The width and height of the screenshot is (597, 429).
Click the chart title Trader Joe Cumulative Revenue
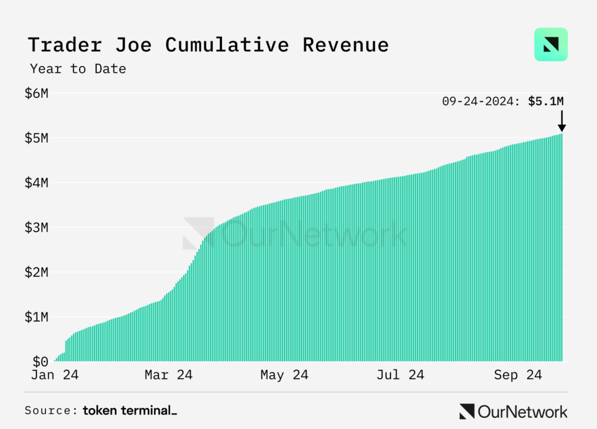coord(208,45)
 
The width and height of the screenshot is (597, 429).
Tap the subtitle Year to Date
coord(78,69)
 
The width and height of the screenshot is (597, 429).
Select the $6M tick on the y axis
coord(37,93)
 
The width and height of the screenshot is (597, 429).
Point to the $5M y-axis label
coord(37,138)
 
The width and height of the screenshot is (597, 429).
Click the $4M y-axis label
coord(37,183)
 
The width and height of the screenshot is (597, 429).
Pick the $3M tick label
coord(37,227)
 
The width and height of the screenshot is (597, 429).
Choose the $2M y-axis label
coord(37,272)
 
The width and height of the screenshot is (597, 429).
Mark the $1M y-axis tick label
coord(37,317)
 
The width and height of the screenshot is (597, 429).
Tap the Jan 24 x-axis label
coord(55,375)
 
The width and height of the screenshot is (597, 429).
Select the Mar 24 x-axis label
coord(168,375)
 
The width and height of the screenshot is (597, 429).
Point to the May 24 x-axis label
coord(285,375)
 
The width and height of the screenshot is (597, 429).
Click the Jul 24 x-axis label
coord(401,375)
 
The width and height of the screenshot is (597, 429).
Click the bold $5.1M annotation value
coord(546,101)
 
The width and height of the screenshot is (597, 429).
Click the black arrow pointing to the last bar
coord(561,121)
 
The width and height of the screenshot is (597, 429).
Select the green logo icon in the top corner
coord(551,44)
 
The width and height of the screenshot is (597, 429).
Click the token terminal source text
coord(129,410)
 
